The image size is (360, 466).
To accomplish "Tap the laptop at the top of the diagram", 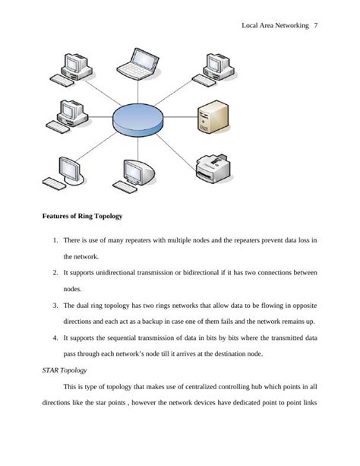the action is coord(137,64).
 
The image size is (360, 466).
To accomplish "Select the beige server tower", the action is coord(213,116).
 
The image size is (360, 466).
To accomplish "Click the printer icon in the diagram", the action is coord(213,168).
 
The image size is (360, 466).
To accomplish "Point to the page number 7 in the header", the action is coord(316,26).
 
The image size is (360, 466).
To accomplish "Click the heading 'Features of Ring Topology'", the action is coord(82,216).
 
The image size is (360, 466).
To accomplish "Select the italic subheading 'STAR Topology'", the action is coord(65,370).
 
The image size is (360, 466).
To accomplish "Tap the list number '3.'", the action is coord(55,306).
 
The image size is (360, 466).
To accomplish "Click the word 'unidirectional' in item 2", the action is coord(115,273).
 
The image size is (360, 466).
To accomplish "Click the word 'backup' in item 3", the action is coord(152,322).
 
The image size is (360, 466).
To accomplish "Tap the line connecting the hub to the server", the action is coord(180,117).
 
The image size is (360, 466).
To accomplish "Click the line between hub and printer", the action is coord(176,153).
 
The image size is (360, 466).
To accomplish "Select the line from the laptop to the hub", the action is coord(137,91).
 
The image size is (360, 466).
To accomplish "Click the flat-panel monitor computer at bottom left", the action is coord(64,173).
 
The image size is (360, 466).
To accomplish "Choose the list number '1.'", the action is coord(55,240).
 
